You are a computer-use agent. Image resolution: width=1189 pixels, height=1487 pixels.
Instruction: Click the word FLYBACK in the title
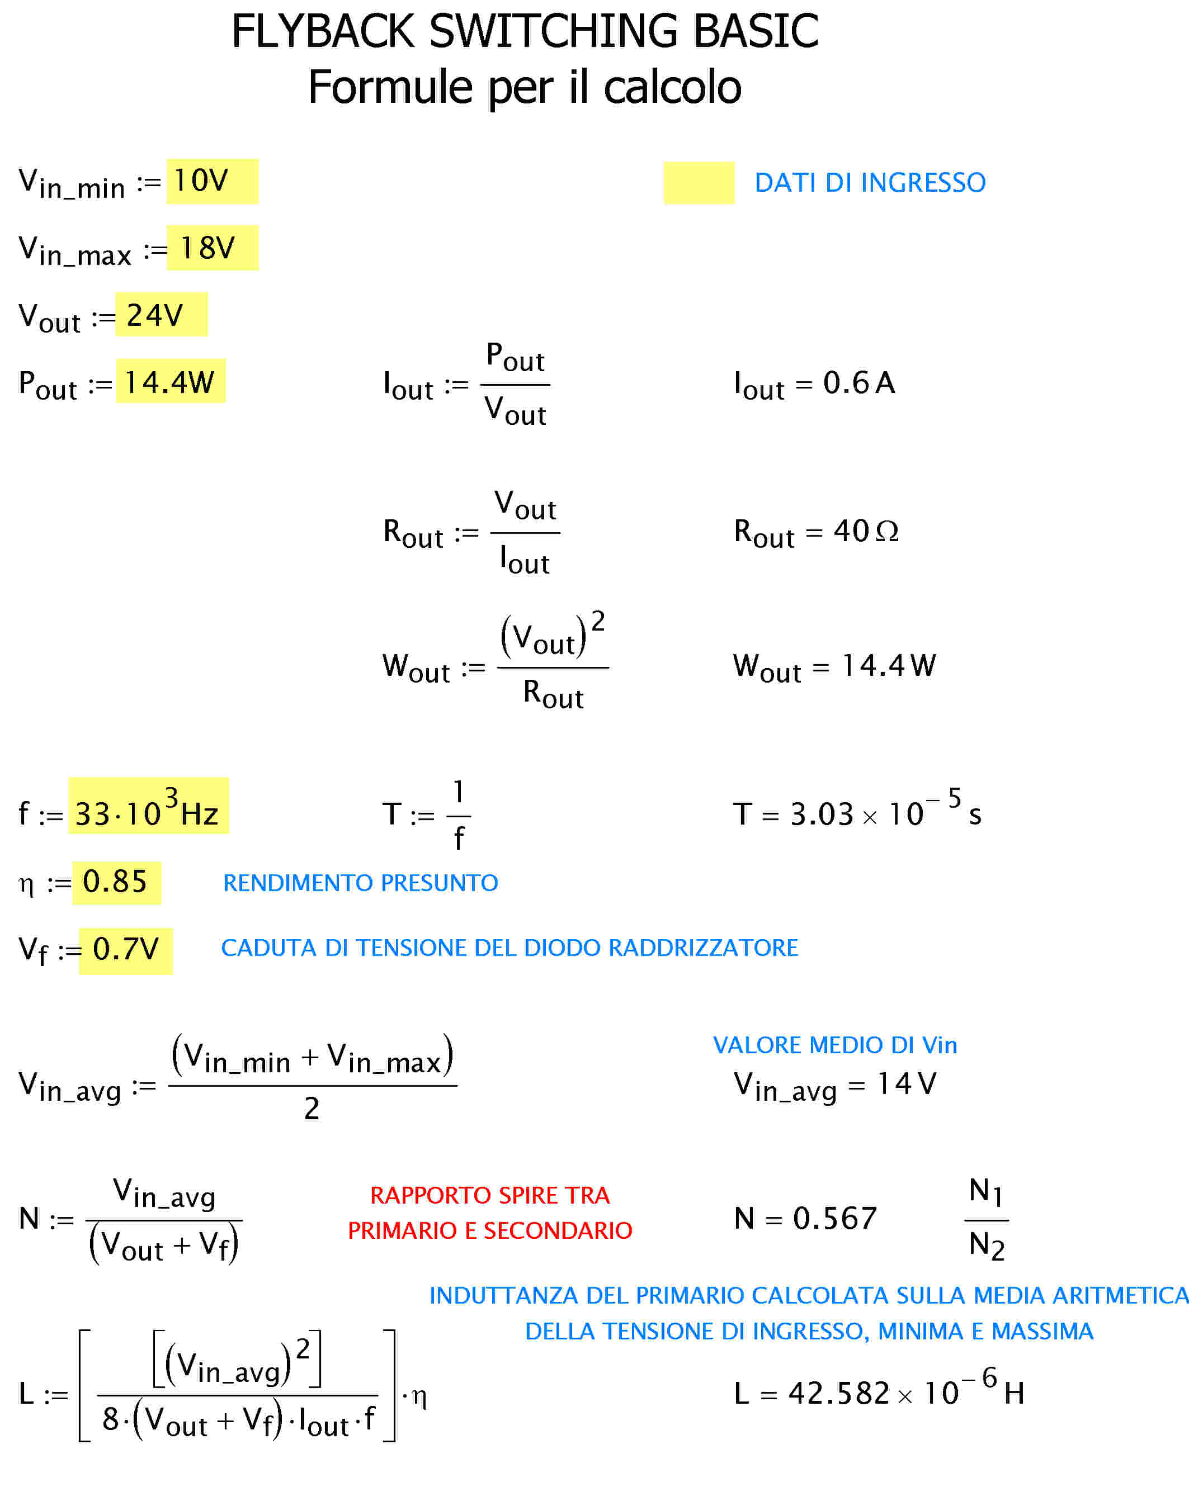[x=322, y=32]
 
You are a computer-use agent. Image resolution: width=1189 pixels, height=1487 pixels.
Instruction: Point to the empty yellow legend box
[x=699, y=183]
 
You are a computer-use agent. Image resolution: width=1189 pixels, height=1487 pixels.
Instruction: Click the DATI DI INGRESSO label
[x=870, y=183]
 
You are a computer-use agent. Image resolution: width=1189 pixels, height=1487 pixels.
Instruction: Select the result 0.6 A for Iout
[x=858, y=383]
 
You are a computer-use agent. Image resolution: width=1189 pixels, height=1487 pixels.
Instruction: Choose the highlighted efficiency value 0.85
[x=116, y=882]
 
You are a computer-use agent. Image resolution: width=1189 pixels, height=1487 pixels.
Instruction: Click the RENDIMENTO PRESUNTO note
[x=360, y=883]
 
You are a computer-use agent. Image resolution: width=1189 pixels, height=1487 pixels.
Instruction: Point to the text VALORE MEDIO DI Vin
[x=835, y=1045]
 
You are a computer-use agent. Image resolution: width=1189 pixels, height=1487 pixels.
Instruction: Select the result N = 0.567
[x=805, y=1218]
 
